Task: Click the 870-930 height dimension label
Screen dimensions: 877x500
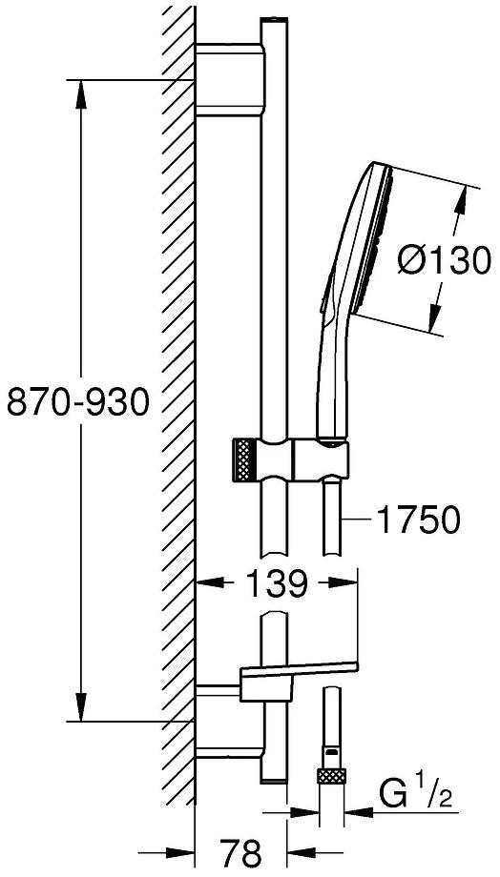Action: pos(78,402)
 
